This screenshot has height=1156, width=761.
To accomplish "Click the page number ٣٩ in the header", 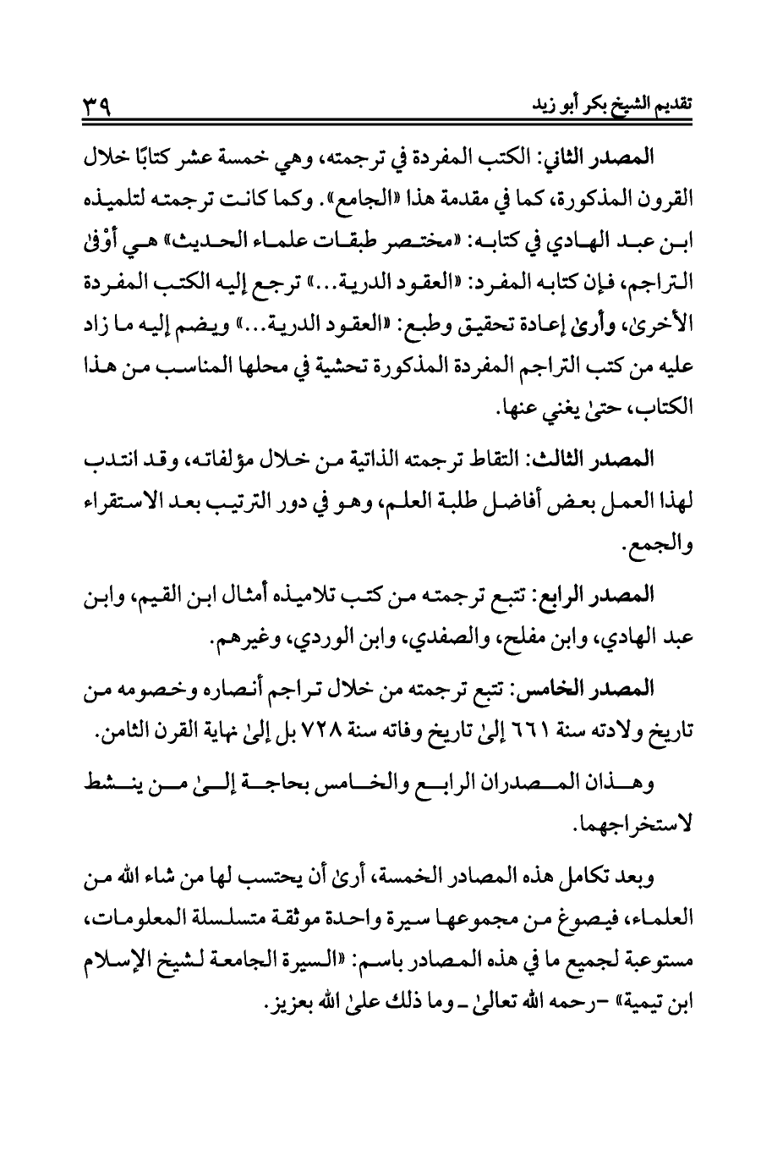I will point(98,107).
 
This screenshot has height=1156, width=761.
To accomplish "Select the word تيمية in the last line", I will point(640,1010).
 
